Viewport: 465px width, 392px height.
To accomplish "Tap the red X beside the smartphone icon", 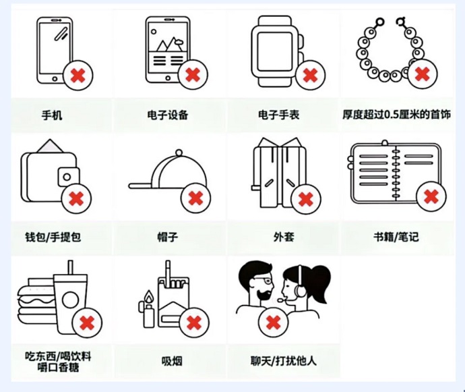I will (77, 75).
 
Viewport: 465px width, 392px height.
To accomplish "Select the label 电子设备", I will (167, 115).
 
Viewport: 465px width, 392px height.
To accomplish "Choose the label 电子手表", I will (278, 115).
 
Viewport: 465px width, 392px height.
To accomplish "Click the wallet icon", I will (48, 172).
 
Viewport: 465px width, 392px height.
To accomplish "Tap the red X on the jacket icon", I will (305, 200).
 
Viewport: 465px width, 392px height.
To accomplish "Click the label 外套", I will (284, 237).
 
